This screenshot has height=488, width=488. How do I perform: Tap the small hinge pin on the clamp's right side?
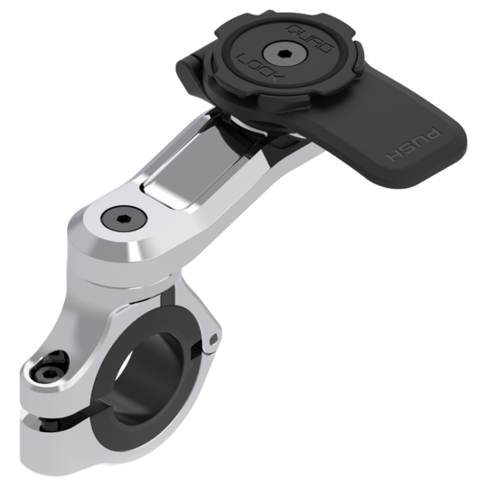212,340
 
